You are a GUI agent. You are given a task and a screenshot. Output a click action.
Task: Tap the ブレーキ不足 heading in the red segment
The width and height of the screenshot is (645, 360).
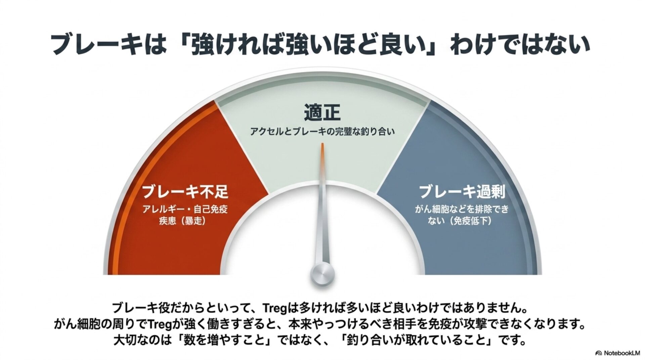(x=185, y=191)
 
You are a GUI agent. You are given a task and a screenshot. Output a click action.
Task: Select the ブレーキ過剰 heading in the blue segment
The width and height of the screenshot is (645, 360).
(x=462, y=191)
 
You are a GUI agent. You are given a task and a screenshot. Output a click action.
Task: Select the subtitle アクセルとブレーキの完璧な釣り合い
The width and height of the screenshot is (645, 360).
(x=322, y=132)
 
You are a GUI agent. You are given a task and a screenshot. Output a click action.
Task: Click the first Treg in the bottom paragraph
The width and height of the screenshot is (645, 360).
(x=274, y=308)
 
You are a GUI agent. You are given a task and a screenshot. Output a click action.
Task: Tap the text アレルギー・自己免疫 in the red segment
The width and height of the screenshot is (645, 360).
(x=185, y=210)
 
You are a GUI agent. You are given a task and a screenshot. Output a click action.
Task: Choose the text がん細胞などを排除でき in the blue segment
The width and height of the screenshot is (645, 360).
(x=462, y=210)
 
